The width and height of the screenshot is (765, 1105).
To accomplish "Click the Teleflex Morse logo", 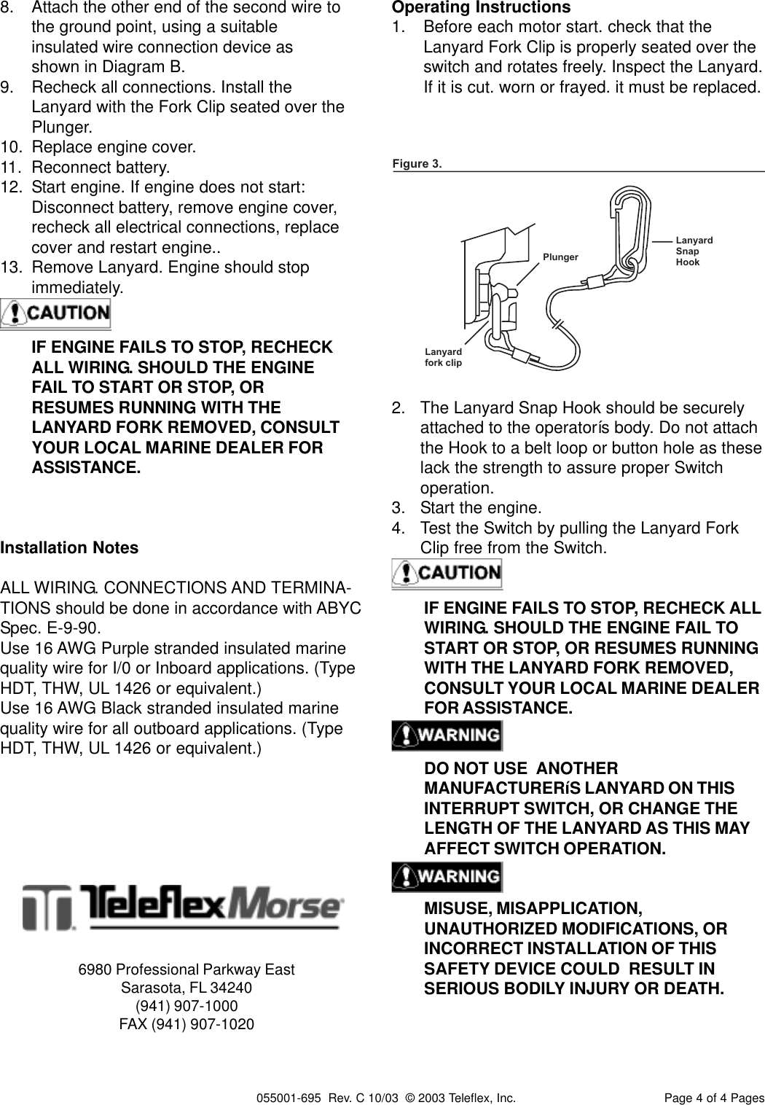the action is [x=183, y=907].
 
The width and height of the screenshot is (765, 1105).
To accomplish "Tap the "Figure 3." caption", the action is [x=417, y=163].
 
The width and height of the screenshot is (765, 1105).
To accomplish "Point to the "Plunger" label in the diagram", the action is [x=560, y=257].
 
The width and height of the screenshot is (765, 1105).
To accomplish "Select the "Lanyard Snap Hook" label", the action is [x=694, y=251].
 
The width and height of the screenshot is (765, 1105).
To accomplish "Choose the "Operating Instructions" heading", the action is [x=481, y=8].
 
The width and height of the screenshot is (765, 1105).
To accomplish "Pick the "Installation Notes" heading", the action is [x=70, y=547].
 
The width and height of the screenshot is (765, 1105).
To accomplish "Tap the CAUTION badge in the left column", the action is [x=56, y=314].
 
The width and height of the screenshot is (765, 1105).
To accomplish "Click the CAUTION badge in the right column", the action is [x=447, y=573].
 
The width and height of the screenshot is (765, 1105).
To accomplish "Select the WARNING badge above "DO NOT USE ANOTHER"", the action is [x=447, y=735].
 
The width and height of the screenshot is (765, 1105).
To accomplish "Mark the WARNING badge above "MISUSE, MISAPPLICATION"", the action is [x=447, y=875].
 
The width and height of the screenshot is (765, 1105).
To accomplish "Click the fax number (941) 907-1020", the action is [x=187, y=1024].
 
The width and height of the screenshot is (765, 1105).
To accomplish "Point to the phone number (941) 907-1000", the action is [x=187, y=1006].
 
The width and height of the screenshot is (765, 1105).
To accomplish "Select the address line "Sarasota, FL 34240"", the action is [x=187, y=988].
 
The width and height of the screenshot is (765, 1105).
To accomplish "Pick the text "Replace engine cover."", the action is [x=114, y=147].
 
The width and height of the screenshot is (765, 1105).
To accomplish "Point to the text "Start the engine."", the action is [x=481, y=507].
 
